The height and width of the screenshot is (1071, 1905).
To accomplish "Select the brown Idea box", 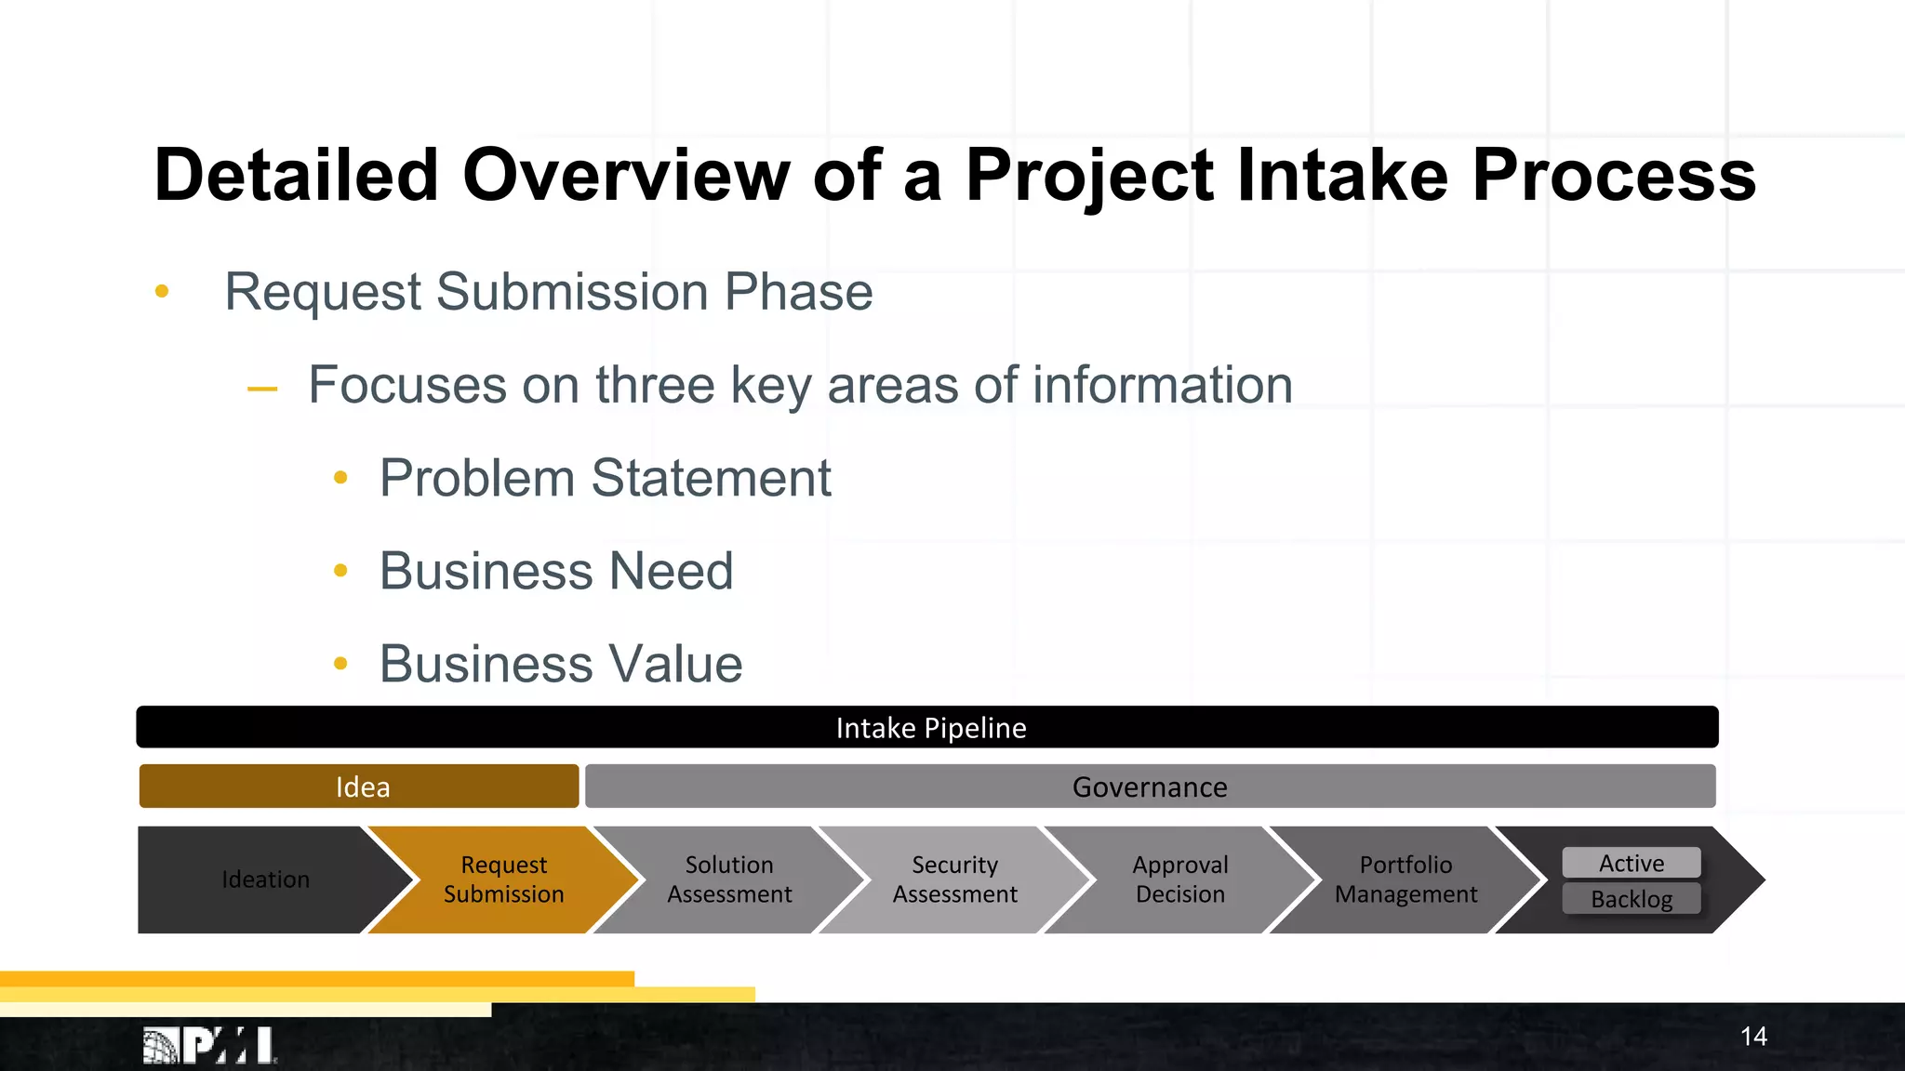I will [360, 787].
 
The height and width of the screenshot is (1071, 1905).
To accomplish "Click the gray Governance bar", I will [1150, 787].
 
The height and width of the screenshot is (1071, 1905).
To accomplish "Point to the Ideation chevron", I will [265, 879].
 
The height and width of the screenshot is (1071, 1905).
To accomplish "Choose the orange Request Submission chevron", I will [503, 879].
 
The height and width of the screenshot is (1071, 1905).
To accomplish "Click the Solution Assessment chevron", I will [729, 879].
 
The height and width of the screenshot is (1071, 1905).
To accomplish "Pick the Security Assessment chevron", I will [954, 879].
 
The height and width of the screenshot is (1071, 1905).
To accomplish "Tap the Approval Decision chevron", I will [1179, 879].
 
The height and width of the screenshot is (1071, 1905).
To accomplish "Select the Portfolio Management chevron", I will [1405, 879].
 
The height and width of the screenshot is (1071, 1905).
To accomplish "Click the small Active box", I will [1631, 863].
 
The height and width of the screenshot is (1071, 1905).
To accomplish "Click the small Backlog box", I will [1631, 899].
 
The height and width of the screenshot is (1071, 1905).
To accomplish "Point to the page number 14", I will [1753, 1037].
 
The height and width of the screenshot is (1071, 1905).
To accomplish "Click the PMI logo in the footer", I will [210, 1046].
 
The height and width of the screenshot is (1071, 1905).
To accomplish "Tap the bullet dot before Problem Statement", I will [340, 478].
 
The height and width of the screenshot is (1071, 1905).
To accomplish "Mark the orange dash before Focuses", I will [262, 389].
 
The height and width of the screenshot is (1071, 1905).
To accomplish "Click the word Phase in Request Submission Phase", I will [798, 292].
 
